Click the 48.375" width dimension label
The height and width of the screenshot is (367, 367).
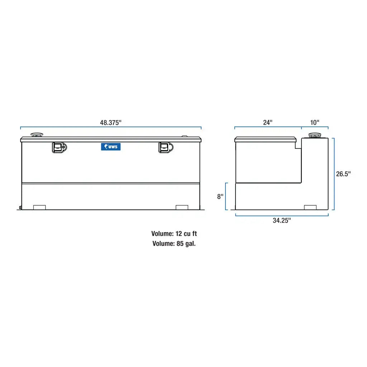click(x=111, y=122)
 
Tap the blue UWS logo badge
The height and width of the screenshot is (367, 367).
click(x=111, y=147)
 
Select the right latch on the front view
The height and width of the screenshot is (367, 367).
click(x=165, y=147)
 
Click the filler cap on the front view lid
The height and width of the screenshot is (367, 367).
click(x=37, y=135)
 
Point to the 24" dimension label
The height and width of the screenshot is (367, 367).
click(x=268, y=122)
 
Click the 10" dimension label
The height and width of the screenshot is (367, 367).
click(x=314, y=122)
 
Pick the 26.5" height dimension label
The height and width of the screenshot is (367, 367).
click(x=343, y=174)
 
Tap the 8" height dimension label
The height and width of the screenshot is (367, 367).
click(x=220, y=197)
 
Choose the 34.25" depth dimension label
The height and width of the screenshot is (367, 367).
click(x=282, y=220)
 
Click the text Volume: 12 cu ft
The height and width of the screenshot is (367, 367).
click(x=174, y=234)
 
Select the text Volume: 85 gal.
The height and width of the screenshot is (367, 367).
click(x=174, y=244)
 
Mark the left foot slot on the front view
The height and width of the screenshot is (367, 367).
click(x=39, y=207)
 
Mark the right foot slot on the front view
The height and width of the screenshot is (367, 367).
click(x=182, y=207)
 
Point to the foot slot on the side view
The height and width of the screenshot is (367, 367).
click(x=310, y=207)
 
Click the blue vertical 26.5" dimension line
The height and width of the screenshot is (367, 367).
click(x=334, y=174)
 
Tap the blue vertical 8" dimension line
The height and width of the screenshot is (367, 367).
click(x=226, y=196)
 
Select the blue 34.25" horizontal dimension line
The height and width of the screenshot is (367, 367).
click(x=282, y=215)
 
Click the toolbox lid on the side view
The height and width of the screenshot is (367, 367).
click(x=265, y=139)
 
